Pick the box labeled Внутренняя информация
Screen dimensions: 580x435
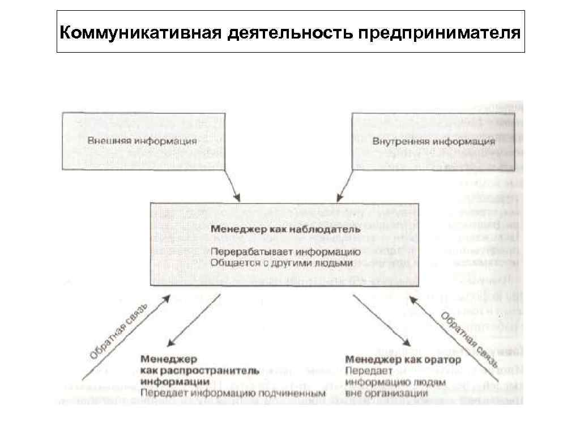[434, 140]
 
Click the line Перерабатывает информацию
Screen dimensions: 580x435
[285, 251]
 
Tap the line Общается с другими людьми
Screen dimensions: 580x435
[282, 263]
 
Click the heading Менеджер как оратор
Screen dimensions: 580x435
[403, 360]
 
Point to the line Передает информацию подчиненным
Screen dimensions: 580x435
[233, 392]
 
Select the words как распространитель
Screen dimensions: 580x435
[200, 370]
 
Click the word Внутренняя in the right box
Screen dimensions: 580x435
[402, 141]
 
